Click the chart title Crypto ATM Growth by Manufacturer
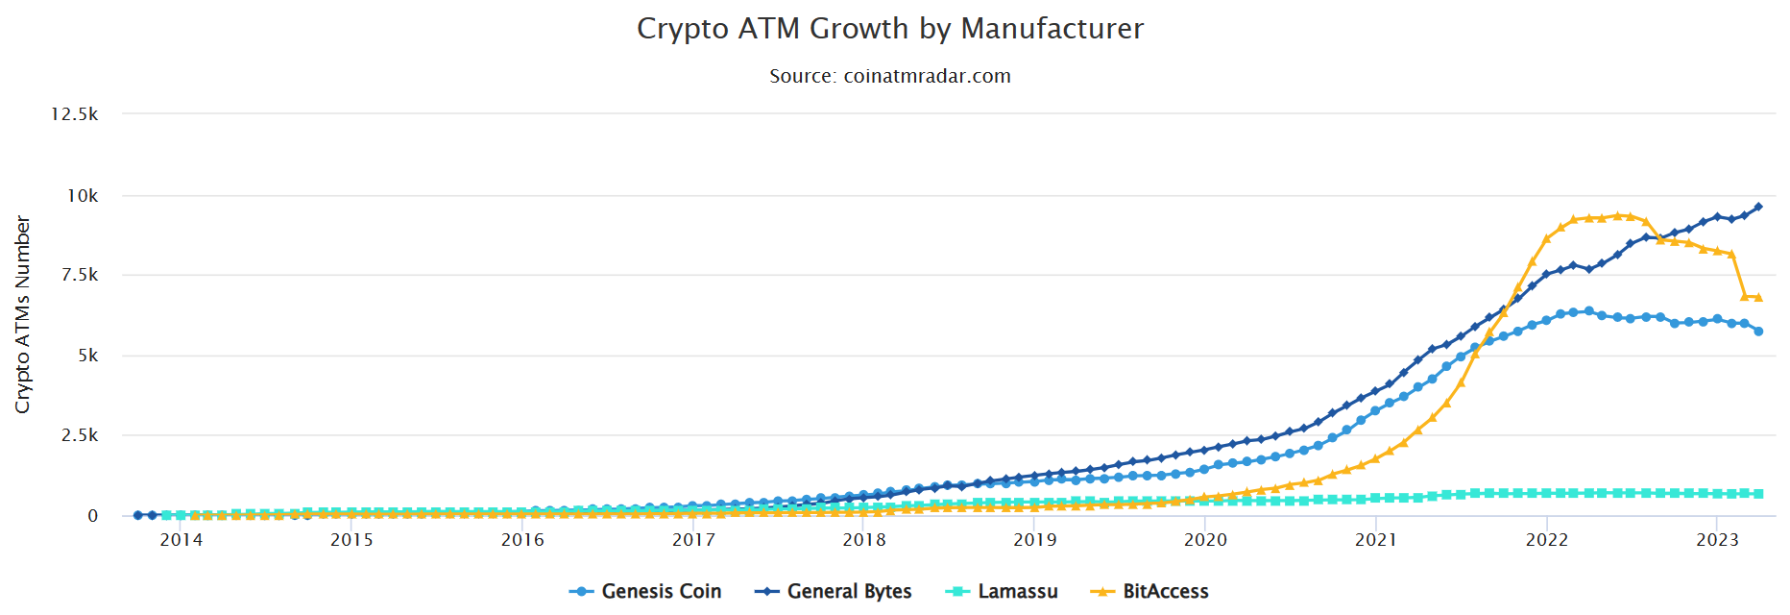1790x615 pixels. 890,29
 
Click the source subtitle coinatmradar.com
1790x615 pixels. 890,76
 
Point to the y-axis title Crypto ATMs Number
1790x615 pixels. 22,314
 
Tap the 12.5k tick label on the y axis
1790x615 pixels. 75,114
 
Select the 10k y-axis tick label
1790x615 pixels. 82,196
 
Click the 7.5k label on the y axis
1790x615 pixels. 79,275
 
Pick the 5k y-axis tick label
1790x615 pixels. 87,356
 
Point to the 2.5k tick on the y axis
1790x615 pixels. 79,435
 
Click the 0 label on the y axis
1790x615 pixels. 92,516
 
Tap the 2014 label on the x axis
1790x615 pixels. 181,540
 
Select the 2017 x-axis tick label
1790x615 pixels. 693,540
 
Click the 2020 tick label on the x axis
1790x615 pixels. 1205,540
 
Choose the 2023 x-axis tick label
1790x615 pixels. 1717,540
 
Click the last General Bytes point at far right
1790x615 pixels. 1758,207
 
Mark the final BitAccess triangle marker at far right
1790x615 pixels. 1758,297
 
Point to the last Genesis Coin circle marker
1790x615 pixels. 1758,331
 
